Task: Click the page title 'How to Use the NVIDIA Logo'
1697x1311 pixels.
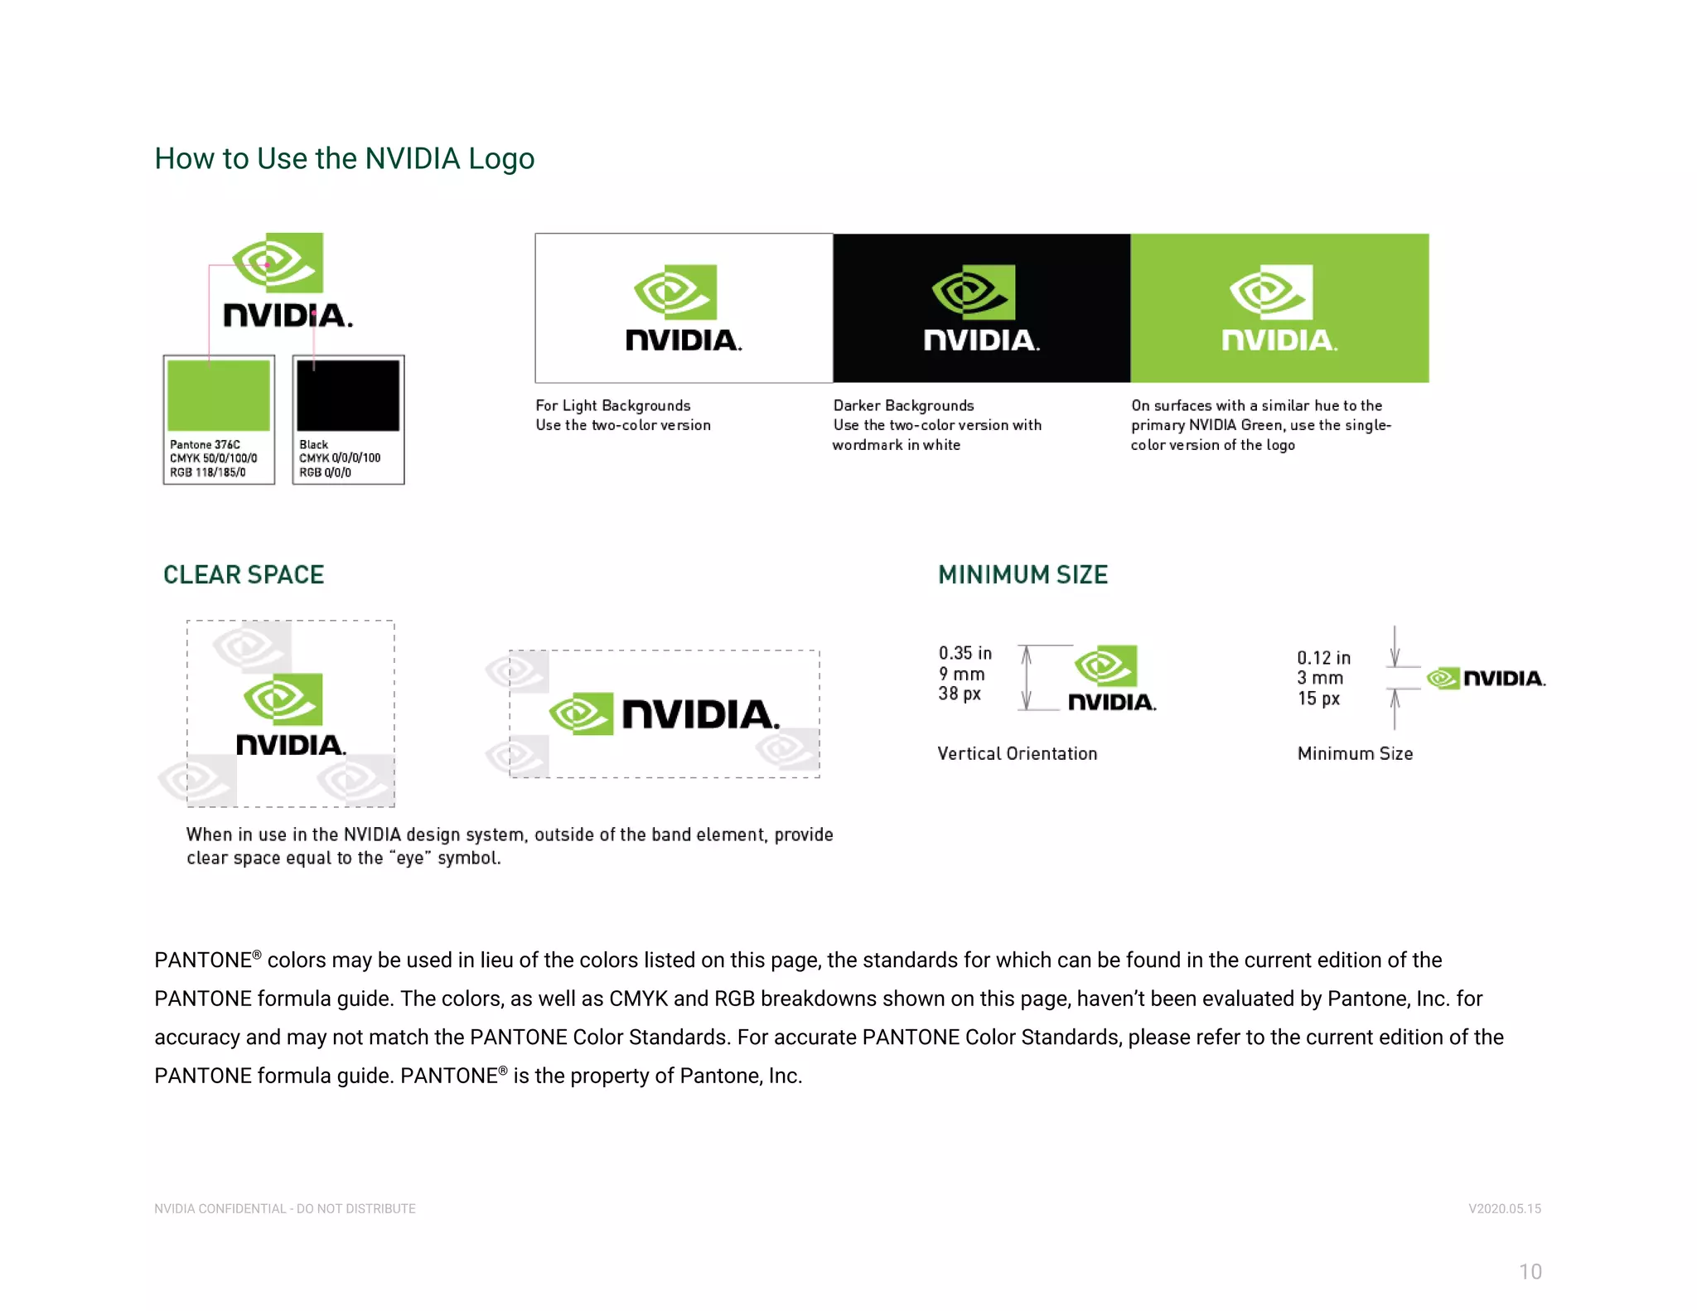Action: pos(344,158)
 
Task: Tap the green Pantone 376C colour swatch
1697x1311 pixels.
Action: pos(219,395)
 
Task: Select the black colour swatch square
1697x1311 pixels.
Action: pos(348,395)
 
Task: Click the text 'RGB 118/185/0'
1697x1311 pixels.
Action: pos(208,472)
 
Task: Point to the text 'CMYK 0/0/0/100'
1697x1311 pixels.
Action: pos(340,457)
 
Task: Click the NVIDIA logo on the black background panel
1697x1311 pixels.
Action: pos(981,308)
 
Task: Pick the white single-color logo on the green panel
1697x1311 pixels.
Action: pos(1279,308)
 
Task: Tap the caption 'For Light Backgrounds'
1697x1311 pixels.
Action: pos(612,405)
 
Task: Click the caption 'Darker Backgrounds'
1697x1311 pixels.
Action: pos(903,405)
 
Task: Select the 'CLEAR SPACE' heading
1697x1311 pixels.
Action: pos(244,574)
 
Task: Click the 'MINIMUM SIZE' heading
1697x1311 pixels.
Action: pos(1023,574)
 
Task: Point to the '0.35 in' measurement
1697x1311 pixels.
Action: pos(965,653)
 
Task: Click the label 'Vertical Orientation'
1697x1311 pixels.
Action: pos(1017,753)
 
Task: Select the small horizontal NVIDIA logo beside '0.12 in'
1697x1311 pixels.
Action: pos(1486,678)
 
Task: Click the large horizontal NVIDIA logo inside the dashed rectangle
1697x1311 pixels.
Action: pos(665,714)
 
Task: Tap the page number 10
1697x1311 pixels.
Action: pos(1530,1271)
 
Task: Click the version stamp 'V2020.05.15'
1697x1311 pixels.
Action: pos(1504,1208)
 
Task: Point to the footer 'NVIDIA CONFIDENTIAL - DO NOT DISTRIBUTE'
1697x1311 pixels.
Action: pos(285,1208)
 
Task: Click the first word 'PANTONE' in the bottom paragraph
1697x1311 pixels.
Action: pos(203,960)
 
